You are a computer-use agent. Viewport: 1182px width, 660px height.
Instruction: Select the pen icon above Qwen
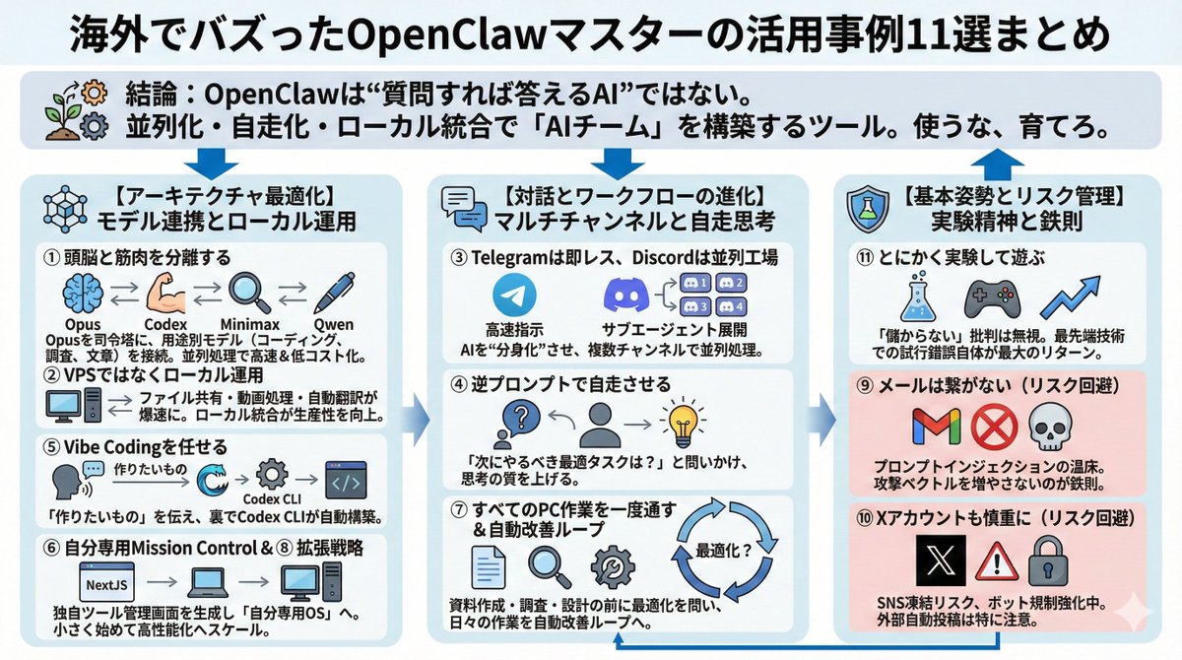pyautogui.click(x=338, y=293)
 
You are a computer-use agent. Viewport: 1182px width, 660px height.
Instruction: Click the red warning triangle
pyautogui.click(x=997, y=562)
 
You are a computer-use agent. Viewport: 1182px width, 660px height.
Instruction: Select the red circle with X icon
pyautogui.click(x=988, y=428)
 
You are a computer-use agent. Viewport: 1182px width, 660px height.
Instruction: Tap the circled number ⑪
pyautogui.click(x=864, y=258)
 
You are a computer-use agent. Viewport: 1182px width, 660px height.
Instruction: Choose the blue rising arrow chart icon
pyautogui.click(x=1071, y=297)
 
